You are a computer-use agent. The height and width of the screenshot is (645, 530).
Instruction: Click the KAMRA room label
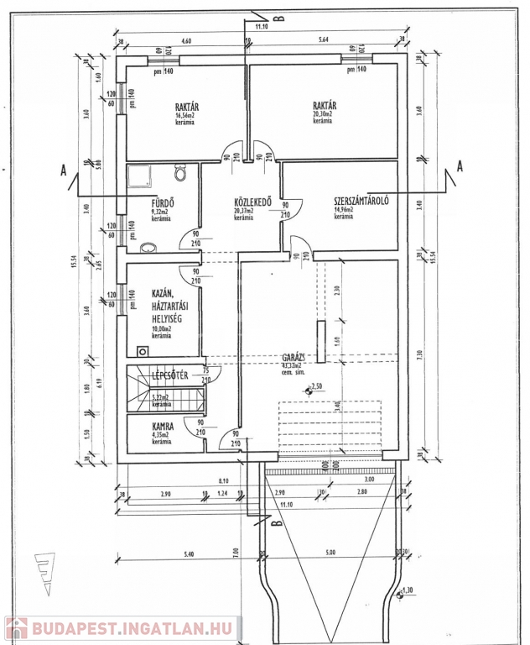coord(164,426)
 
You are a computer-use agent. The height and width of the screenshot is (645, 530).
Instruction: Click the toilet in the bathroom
coord(180,173)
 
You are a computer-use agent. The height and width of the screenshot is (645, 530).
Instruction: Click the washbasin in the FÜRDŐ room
coord(148,248)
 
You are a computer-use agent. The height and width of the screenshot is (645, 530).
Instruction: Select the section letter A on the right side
coord(459,165)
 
